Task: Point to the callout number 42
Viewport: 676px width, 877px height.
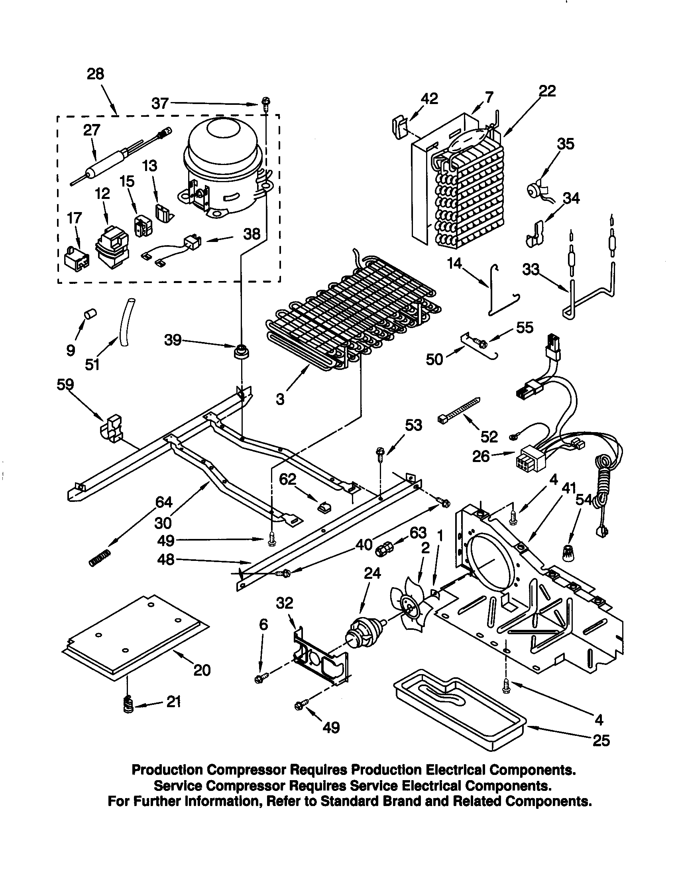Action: (429, 99)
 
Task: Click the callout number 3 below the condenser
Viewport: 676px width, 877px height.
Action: (280, 399)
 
